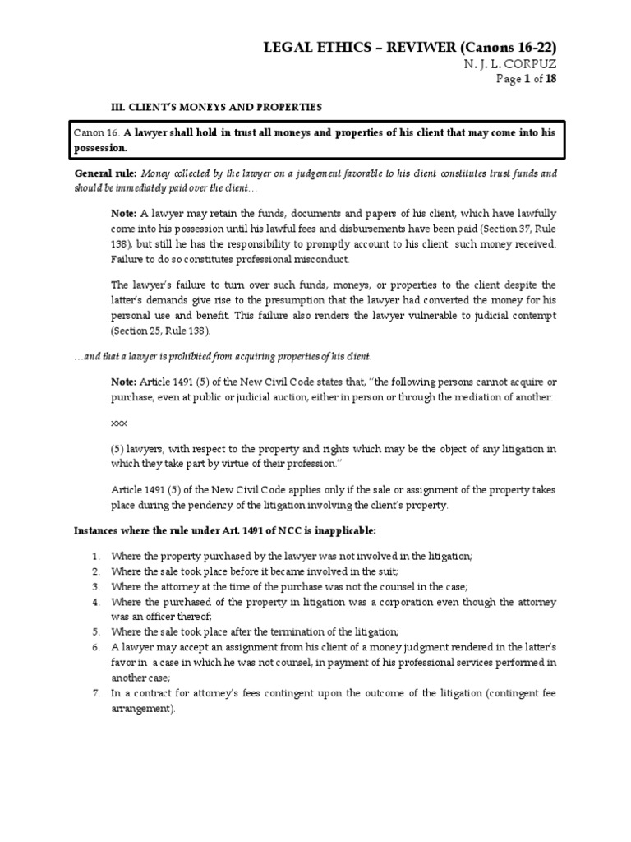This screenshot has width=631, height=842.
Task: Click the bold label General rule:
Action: tap(106, 174)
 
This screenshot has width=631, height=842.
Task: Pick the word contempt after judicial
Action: tap(530, 313)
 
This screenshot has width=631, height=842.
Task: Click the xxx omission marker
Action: tap(119, 423)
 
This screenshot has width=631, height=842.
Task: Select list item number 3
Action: tap(95, 586)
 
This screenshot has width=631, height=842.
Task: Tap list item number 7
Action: tap(95, 694)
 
